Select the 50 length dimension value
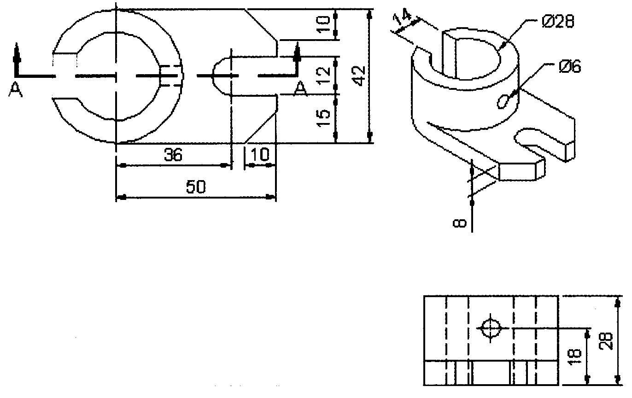pyautogui.click(x=195, y=187)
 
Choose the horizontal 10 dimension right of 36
pyautogui.click(x=260, y=155)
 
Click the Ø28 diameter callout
pyautogui.click(x=558, y=22)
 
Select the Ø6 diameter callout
pyautogui.click(x=570, y=67)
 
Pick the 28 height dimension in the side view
pyautogui.click(x=607, y=340)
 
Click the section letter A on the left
pyautogui.click(x=15, y=89)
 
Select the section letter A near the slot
pyautogui.click(x=301, y=88)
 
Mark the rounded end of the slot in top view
pyautogui.click(x=218, y=75)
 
